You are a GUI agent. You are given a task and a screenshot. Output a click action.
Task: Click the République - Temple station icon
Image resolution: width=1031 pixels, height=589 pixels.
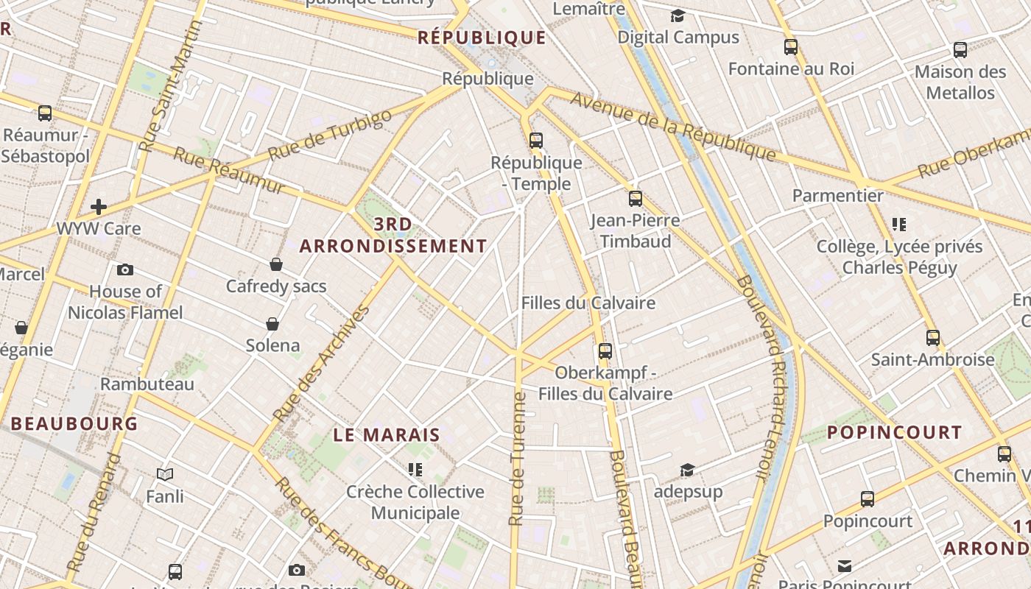[536, 140]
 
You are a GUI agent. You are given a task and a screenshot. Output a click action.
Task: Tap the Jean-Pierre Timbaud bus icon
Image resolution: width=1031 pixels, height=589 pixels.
[636, 198]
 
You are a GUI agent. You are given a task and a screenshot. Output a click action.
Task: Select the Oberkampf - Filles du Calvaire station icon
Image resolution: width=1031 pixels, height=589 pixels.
[605, 350]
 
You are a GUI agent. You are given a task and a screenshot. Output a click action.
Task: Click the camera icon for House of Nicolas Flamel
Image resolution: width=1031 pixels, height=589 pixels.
[125, 269]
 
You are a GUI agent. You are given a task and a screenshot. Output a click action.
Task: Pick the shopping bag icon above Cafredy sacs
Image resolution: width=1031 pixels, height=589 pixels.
[276, 264]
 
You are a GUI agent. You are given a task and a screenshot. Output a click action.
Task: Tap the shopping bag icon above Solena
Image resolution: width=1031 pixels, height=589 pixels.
[272, 323]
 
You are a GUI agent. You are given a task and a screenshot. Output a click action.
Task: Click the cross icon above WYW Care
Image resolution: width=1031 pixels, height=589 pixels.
[99, 207]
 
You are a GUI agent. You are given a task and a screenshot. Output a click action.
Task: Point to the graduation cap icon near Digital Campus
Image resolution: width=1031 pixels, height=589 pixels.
[678, 15]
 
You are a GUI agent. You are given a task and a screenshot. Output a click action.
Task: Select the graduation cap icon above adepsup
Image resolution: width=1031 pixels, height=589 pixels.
[687, 470]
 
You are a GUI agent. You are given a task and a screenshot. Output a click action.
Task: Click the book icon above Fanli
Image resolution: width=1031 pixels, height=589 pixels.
[165, 475]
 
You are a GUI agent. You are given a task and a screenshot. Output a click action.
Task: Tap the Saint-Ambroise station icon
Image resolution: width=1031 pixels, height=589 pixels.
[933, 338]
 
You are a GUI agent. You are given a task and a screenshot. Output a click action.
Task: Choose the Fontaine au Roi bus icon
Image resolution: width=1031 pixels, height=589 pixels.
[791, 47]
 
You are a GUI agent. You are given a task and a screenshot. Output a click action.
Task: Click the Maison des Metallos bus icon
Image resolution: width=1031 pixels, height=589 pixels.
[960, 50]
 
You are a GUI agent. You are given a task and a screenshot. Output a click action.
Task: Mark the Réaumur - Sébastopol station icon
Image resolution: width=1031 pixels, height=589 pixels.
[45, 113]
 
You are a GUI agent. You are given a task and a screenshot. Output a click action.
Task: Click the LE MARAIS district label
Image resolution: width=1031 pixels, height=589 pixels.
[387, 435]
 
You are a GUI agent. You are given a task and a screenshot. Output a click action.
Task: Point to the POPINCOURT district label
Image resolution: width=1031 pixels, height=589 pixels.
[895, 432]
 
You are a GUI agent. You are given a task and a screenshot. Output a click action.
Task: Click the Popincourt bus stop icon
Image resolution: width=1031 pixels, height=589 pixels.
[868, 499]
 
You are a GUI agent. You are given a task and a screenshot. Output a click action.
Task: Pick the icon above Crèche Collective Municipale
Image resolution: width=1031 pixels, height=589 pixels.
[415, 469]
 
